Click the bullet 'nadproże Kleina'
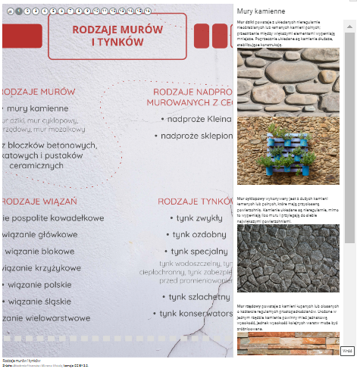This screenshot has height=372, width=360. (x=196, y=119)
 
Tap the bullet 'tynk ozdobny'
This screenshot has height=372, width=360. (x=199, y=234)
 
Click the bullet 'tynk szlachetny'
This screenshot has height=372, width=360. (x=199, y=297)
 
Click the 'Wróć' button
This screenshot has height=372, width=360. (x=347, y=351)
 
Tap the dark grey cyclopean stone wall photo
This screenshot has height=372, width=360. (x=288, y=258)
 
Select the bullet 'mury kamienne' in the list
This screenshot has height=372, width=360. (x=38, y=108)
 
